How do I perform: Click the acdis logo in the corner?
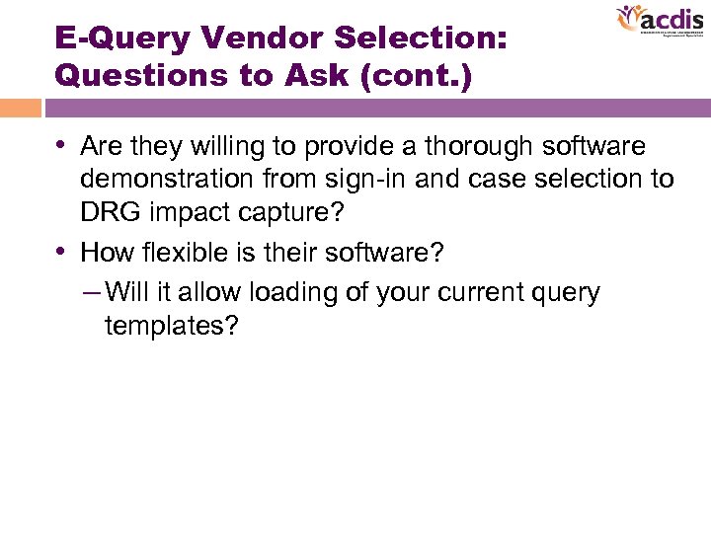click(x=659, y=22)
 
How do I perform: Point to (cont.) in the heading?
click(x=415, y=75)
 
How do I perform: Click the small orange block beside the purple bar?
click(x=20, y=108)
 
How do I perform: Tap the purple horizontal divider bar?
click(x=375, y=108)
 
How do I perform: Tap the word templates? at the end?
click(x=171, y=327)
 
